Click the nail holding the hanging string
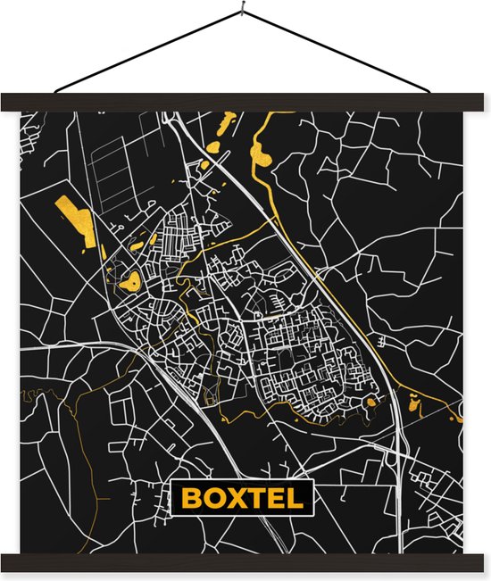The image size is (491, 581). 243,10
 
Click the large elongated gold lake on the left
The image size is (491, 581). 78,220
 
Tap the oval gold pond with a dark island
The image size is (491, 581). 131,281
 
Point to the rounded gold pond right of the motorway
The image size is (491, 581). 413,403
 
